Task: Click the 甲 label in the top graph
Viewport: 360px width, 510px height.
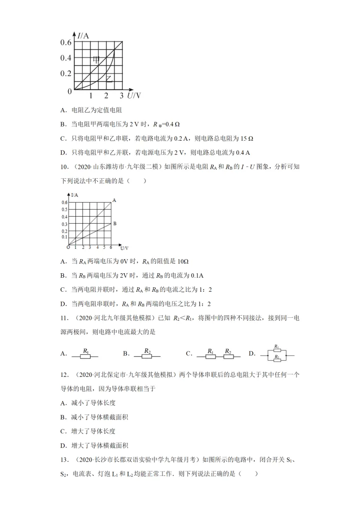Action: [x=96, y=60]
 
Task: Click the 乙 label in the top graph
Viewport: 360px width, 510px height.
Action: [x=107, y=79]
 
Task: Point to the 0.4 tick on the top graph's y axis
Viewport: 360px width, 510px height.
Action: [x=66, y=58]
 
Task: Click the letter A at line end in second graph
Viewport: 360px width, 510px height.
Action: [x=114, y=200]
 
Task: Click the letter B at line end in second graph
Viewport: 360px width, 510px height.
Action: [x=114, y=224]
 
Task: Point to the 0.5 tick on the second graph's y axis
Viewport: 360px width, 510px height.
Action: [x=64, y=210]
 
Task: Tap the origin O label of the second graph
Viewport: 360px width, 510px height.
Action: [x=67, y=247]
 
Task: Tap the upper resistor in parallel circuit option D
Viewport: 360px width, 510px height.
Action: [x=276, y=349]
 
